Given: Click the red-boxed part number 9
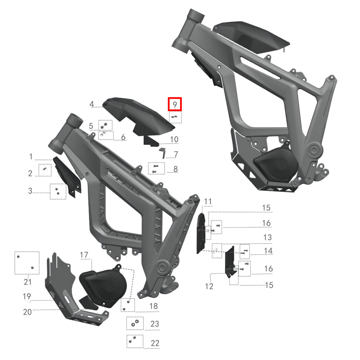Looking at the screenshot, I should pos(175,105).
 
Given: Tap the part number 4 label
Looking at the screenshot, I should pos(92,104).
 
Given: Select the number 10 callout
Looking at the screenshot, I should pos(174,139).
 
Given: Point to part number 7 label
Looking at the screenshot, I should pos(176,154).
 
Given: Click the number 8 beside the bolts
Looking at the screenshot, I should pos(175,170).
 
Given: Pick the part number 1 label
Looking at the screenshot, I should pos(31,157).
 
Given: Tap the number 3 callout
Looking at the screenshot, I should pos(30,191).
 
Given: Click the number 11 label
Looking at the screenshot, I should pos(207,201).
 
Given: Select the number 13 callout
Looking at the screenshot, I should pos(267,237).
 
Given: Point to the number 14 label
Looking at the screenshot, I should pos(268,251).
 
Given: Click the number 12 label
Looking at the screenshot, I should pos(209,286).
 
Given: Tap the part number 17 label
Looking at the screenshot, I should pos(84,256).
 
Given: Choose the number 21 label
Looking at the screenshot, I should pos(27,282).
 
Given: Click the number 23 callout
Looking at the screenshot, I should pos(155,324).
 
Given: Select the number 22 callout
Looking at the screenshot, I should pos(155,343).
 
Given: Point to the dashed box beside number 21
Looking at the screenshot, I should pos(27,263).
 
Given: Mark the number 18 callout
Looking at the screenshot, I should pos(154,306).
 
